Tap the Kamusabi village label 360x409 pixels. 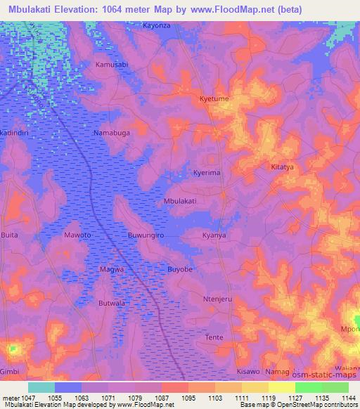pos(111,64)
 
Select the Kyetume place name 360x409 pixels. pos(214,99)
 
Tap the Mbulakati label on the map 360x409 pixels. pos(179,201)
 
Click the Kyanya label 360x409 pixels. pos(214,235)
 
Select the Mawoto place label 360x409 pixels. pos(77,235)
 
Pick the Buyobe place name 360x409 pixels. pos(179,269)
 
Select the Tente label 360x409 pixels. pos(214,337)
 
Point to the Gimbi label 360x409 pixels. pos(10,371)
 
